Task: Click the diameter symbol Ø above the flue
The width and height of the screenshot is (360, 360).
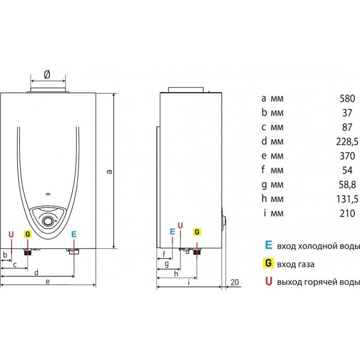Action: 47,74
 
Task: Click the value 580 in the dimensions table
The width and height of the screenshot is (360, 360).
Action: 347,99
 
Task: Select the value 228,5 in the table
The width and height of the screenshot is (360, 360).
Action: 347,141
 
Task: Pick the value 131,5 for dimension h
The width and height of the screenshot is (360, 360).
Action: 347,199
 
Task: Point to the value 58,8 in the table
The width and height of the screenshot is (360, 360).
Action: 347,185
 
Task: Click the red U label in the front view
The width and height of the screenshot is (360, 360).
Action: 11,235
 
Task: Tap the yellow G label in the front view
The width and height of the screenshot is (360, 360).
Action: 28,234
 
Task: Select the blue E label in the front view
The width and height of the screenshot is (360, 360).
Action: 74,234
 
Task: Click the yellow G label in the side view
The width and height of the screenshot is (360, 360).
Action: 197,232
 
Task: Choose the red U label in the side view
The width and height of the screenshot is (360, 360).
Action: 181,226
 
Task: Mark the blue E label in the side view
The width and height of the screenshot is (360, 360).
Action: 172,231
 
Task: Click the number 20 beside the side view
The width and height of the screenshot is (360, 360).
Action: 235,282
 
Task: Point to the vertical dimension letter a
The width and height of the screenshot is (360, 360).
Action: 110,171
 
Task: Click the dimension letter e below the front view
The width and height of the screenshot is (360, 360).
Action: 47,281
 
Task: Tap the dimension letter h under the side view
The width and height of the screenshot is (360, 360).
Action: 176,274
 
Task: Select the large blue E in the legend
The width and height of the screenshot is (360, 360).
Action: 268,245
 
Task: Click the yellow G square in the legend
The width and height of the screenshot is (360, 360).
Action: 268,263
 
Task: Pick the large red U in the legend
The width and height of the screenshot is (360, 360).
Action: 268,281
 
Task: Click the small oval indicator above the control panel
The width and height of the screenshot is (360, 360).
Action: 48,194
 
